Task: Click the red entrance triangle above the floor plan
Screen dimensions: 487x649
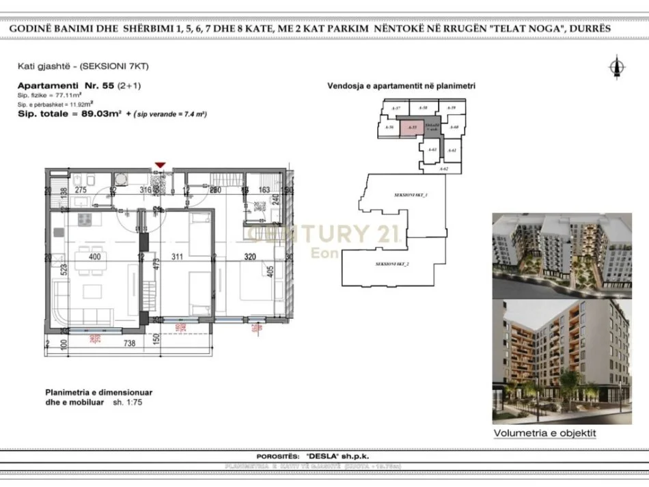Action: (x=160, y=165)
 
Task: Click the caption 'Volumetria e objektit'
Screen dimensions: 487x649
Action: (x=544, y=433)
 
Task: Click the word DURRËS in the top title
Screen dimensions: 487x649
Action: (x=586, y=29)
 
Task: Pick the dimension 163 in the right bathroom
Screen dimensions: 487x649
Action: (x=264, y=191)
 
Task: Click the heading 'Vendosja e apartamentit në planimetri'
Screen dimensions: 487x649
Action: (x=401, y=87)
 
